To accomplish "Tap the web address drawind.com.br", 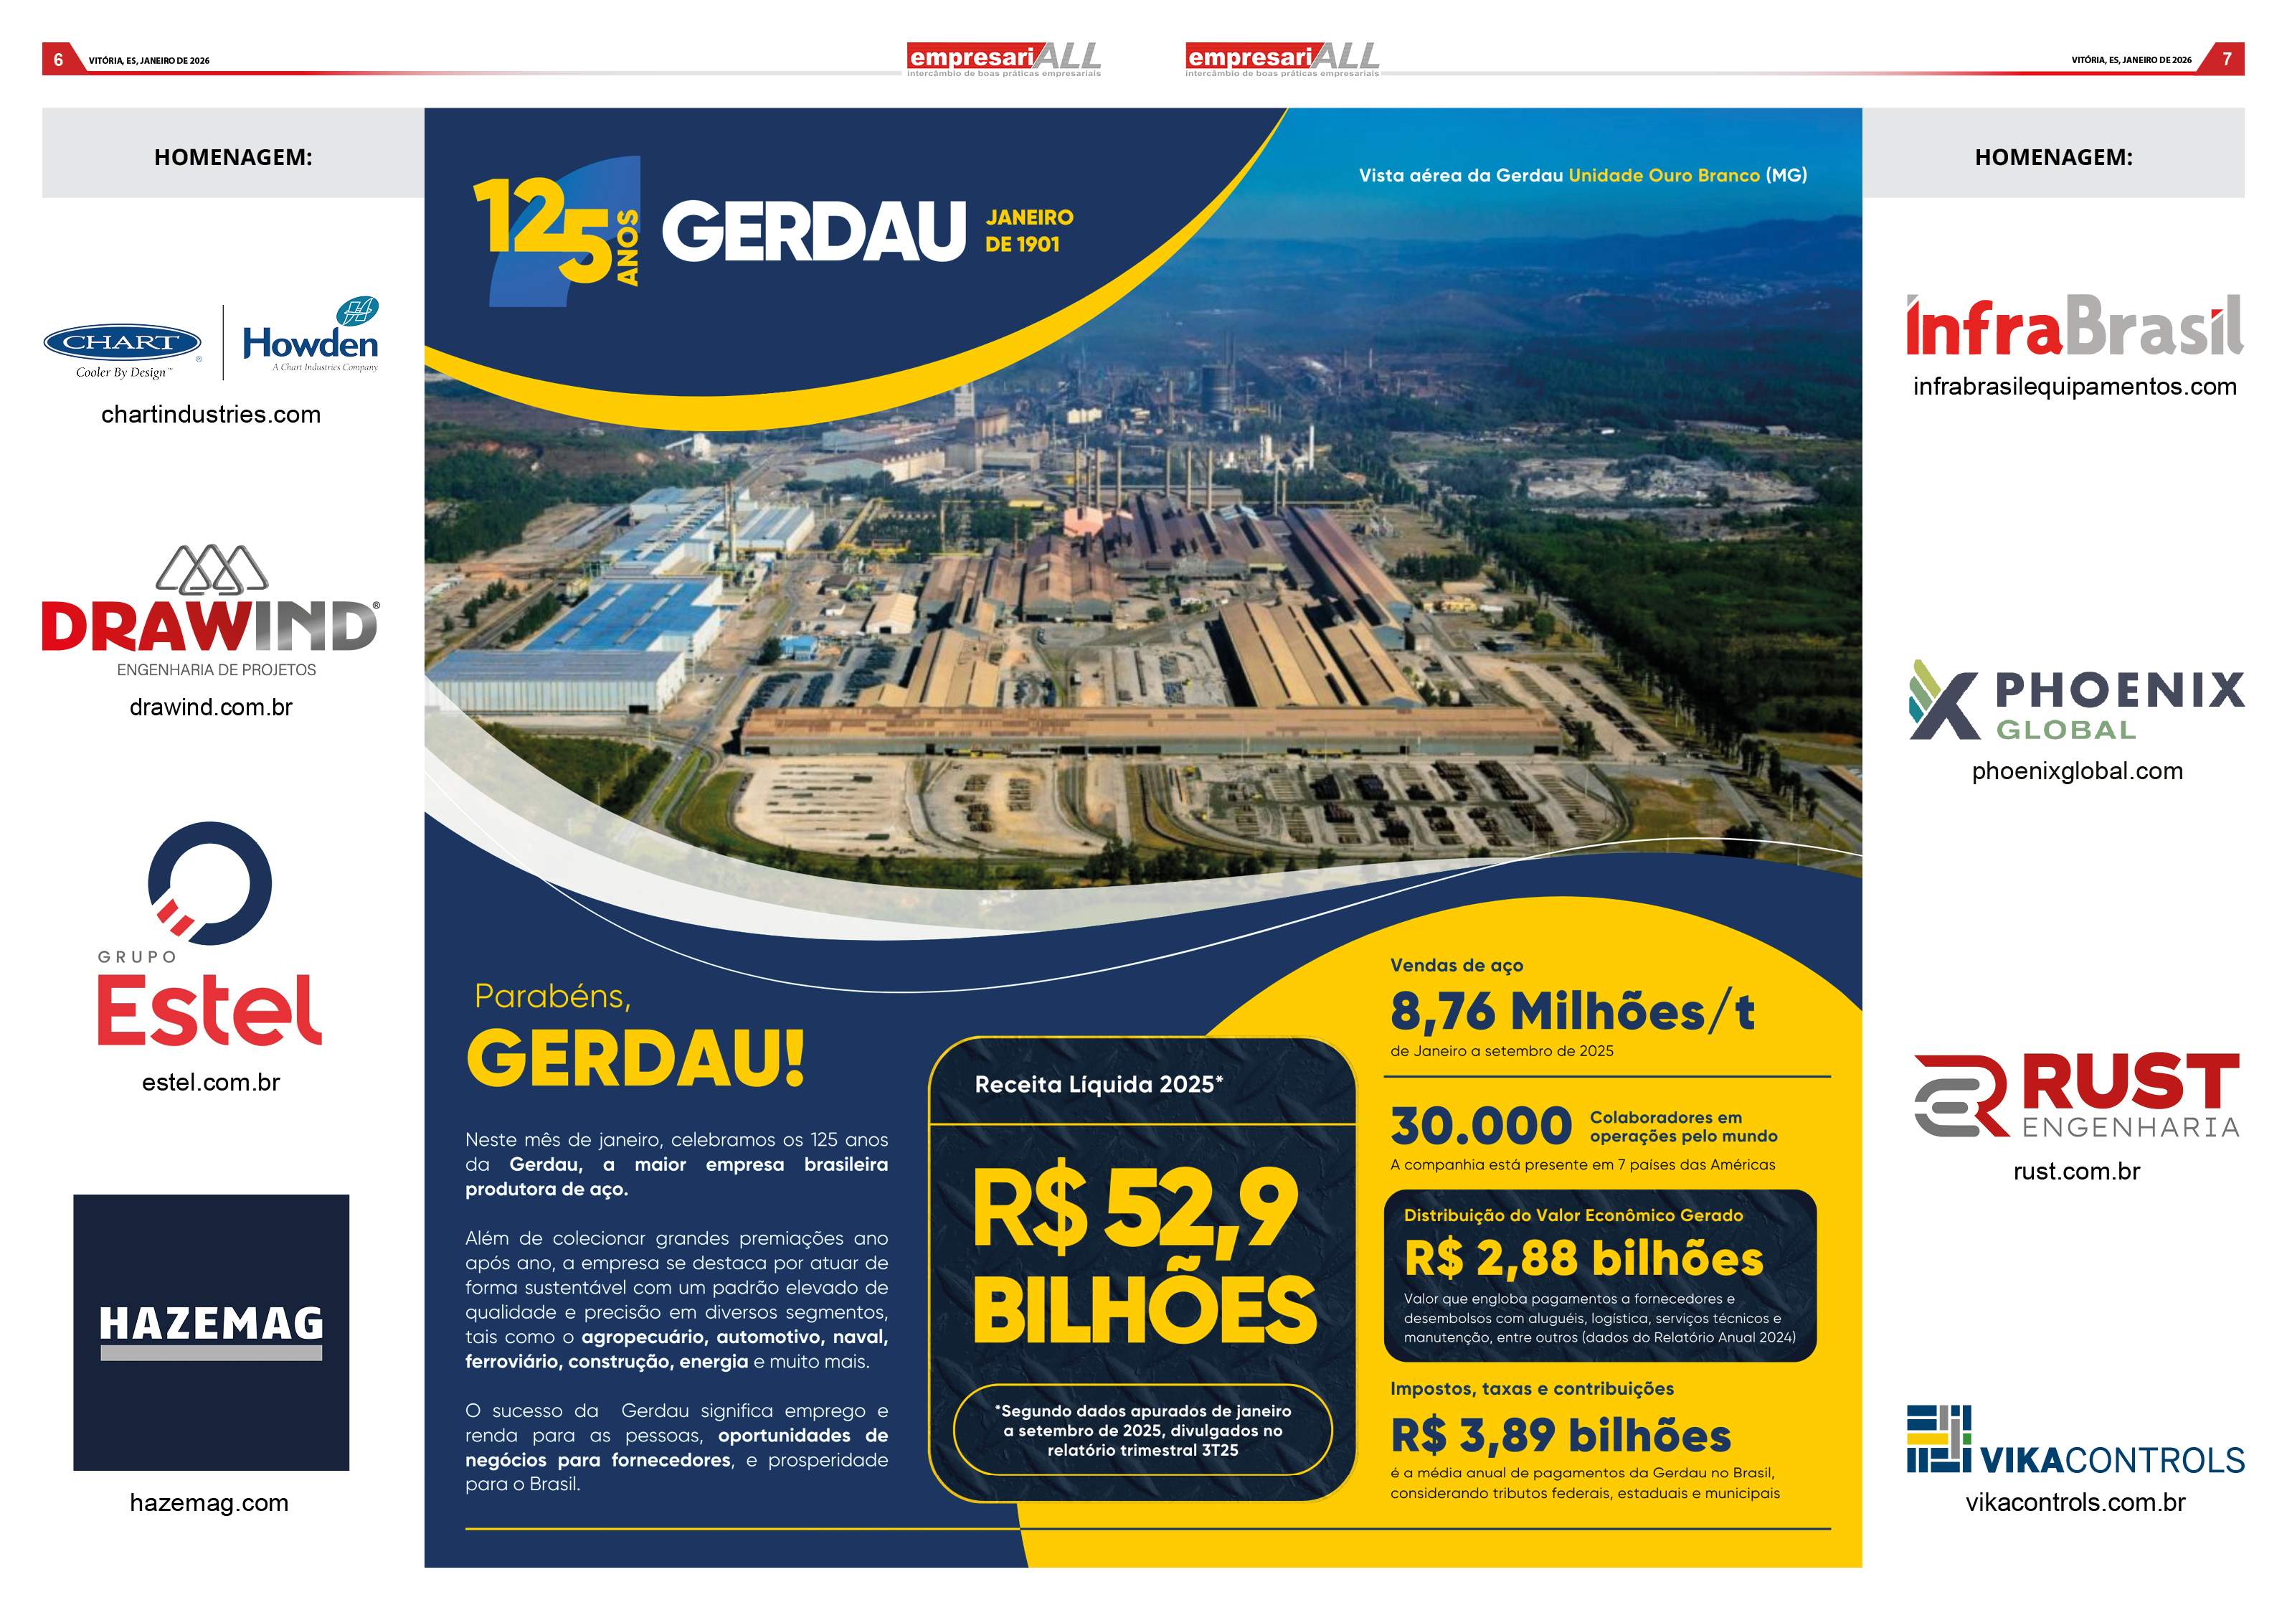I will [211, 707].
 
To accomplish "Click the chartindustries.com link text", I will [211, 415].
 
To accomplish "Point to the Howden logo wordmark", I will [311, 344].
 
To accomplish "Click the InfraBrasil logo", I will [2074, 326].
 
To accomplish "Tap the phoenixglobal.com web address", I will [2077, 771].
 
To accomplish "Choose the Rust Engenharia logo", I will [2076, 1096].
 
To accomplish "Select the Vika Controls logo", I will [2075, 1441].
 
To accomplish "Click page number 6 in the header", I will [59, 60].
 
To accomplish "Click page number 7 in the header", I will [2227, 60].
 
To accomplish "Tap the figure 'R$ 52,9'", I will [1135, 1210].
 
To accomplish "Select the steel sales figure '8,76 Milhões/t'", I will [1572, 1012].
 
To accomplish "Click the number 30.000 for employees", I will [1480, 1127].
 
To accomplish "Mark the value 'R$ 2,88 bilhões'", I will [1583, 1258].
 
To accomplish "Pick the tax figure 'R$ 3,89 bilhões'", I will [1561, 1436].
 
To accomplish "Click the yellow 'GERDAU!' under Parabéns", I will [635, 1058].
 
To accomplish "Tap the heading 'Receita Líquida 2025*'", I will [1099, 1085].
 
